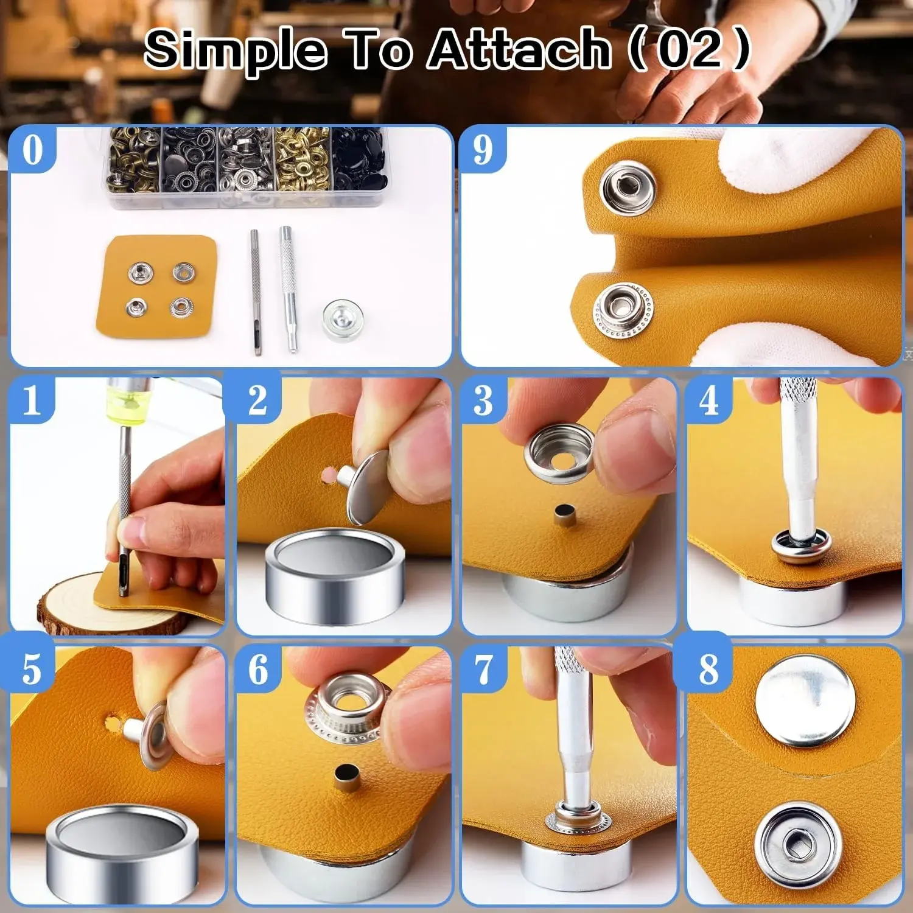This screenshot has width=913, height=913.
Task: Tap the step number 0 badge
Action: coord(32,149)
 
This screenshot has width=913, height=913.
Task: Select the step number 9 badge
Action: coord(483,149)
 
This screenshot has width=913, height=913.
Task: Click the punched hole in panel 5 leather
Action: coord(113,724)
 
